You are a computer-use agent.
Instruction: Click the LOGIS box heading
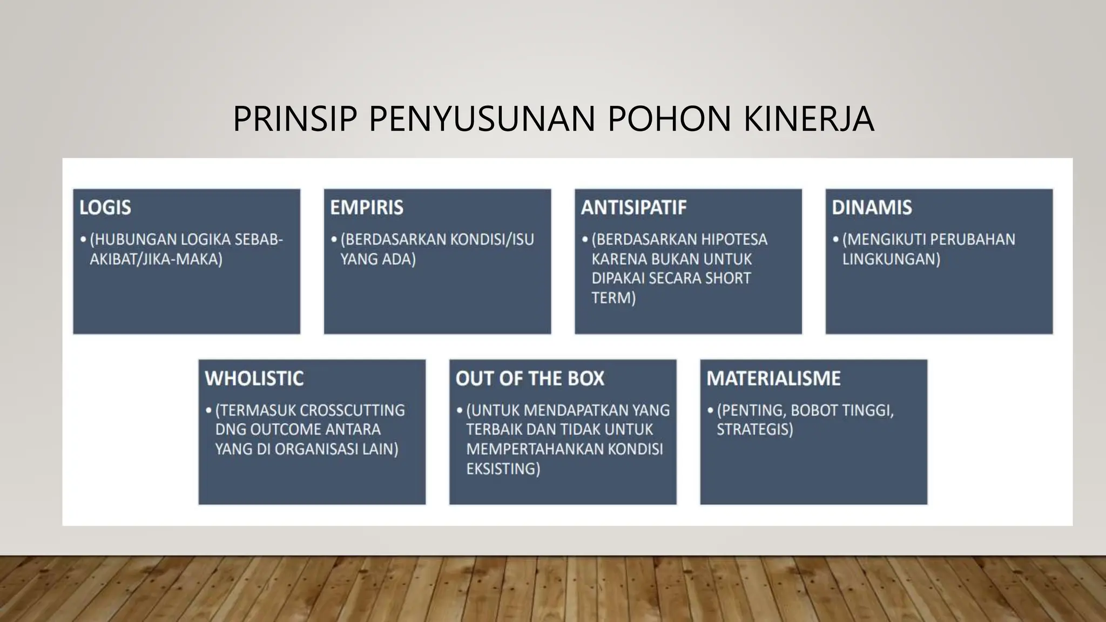pyautogui.click(x=105, y=207)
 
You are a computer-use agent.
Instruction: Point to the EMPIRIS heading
pyautogui.click(x=367, y=207)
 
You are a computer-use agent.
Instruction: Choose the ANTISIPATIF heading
pyautogui.click(x=633, y=207)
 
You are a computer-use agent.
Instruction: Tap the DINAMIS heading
pyautogui.click(x=872, y=207)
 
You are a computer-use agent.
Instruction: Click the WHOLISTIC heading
pyautogui.click(x=254, y=378)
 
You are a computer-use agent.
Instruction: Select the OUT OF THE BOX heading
pyautogui.click(x=530, y=378)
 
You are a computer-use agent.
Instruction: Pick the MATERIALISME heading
pyautogui.click(x=773, y=378)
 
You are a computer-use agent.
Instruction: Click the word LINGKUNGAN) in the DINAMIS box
pyautogui.click(x=891, y=259)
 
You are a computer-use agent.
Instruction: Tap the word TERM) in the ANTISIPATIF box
pyautogui.click(x=613, y=298)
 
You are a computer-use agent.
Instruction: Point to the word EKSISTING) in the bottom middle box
pyautogui.click(x=503, y=469)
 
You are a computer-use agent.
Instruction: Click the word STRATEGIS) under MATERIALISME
pyautogui.click(x=754, y=430)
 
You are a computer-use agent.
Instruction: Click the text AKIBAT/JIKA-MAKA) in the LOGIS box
pyautogui.click(x=156, y=259)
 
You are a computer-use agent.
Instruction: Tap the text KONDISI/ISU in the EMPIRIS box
pyautogui.click(x=492, y=240)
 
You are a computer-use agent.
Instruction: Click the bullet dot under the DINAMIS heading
pyautogui.click(x=836, y=239)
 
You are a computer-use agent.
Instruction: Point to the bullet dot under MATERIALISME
pyautogui.click(x=710, y=410)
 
